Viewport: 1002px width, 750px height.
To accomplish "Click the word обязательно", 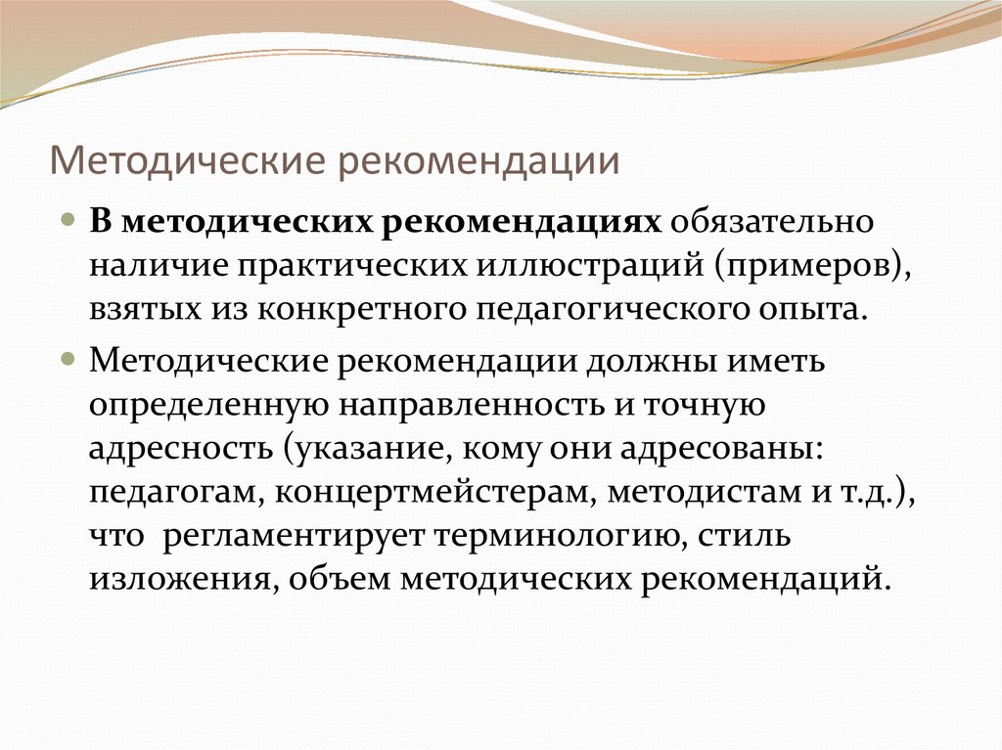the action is click(x=771, y=222).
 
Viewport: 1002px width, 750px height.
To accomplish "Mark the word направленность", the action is click(x=471, y=407).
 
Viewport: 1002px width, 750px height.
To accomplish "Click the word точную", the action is click(x=704, y=407).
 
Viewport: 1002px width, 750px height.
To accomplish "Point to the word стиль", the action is click(x=744, y=535).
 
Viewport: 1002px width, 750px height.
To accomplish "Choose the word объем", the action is click(x=339, y=579).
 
